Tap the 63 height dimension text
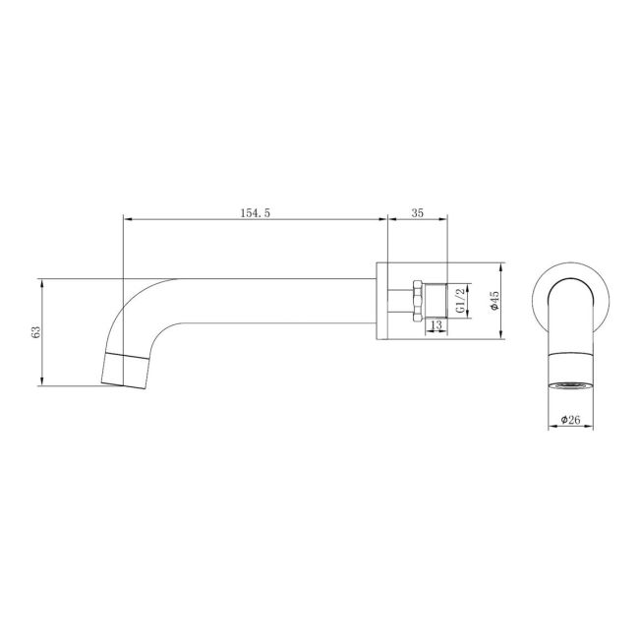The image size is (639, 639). pyautogui.click(x=36, y=332)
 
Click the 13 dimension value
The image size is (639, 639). pyautogui.click(x=436, y=324)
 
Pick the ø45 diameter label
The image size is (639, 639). pyautogui.click(x=495, y=300)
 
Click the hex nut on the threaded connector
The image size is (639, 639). pyautogui.click(x=418, y=300)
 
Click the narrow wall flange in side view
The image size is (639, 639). pyautogui.click(x=382, y=300)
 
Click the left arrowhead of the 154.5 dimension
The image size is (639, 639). pyautogui.click(x=125, y=219)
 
